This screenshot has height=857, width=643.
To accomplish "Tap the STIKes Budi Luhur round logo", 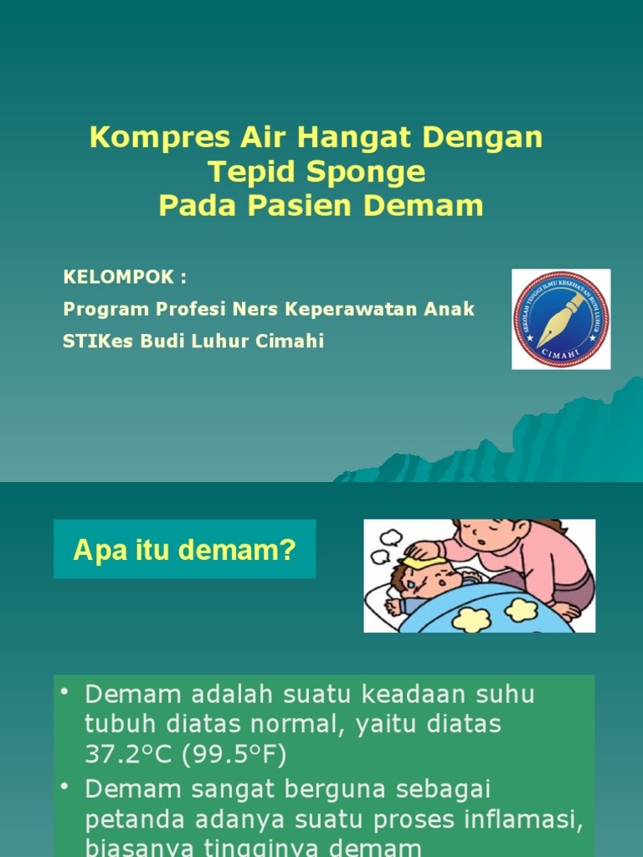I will tap(561, 319).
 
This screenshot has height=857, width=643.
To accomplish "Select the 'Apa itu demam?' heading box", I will tap(185, 549).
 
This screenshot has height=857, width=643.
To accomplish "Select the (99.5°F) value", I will tap(240, 755).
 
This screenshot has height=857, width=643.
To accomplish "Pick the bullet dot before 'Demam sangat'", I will tap(65, 787).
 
